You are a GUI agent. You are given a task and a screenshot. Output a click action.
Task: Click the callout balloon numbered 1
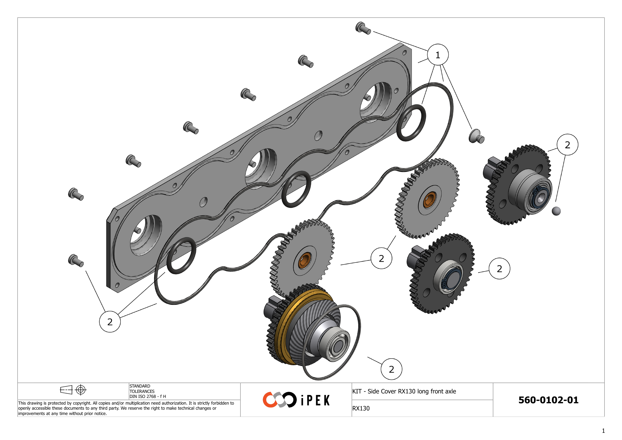437,55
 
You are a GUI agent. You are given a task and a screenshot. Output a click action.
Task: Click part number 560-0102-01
548,400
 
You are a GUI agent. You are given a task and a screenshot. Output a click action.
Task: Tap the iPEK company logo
296,400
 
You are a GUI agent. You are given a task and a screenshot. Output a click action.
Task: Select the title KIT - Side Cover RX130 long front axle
404,391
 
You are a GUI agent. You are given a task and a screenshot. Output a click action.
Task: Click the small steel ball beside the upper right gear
556,211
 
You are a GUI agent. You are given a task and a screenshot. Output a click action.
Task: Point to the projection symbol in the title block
73,390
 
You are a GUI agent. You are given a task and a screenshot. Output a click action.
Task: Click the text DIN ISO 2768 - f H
148,396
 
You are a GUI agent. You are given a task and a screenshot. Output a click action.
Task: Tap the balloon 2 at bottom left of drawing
110,322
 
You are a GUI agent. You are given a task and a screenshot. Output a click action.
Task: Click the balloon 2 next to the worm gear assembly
391,369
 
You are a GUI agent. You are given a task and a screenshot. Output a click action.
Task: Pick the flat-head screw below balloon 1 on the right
476,136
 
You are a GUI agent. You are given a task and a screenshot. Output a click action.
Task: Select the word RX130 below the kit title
361,408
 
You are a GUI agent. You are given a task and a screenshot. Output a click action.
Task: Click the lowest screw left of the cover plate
76,261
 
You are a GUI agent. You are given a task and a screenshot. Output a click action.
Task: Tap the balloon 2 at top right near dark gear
567,145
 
